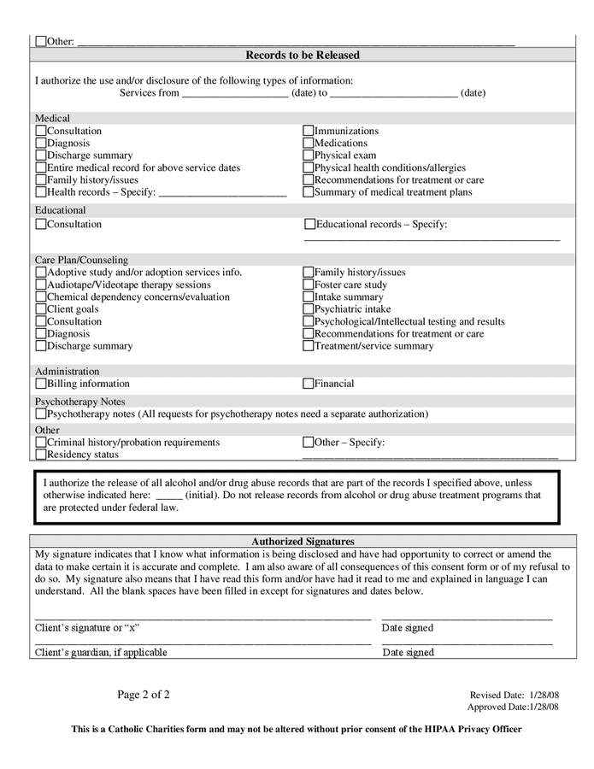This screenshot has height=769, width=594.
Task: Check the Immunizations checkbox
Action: [309, 132]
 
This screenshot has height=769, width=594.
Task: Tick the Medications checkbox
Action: [309, 144]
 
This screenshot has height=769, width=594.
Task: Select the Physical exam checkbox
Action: [309, 156]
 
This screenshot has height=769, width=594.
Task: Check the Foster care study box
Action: [309, 285]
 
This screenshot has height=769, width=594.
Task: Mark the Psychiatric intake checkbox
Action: [309, 309]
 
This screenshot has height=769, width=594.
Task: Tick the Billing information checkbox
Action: [41, 384]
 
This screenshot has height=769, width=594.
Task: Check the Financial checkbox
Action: [309, 384]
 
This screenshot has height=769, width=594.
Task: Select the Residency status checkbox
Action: [41, 455]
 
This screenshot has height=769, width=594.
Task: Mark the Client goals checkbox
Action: [41, 309]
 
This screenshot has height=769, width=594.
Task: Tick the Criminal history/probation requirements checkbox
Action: [41, 443]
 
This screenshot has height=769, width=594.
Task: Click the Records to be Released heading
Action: [303, 56]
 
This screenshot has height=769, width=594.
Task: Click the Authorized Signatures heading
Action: [303, 541]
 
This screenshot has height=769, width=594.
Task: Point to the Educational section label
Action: [61, 209]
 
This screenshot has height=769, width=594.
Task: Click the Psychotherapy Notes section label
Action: [79, 401]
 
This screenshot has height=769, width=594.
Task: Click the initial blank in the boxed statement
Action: [169, 495]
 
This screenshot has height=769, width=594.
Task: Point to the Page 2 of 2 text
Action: [144, 695]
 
